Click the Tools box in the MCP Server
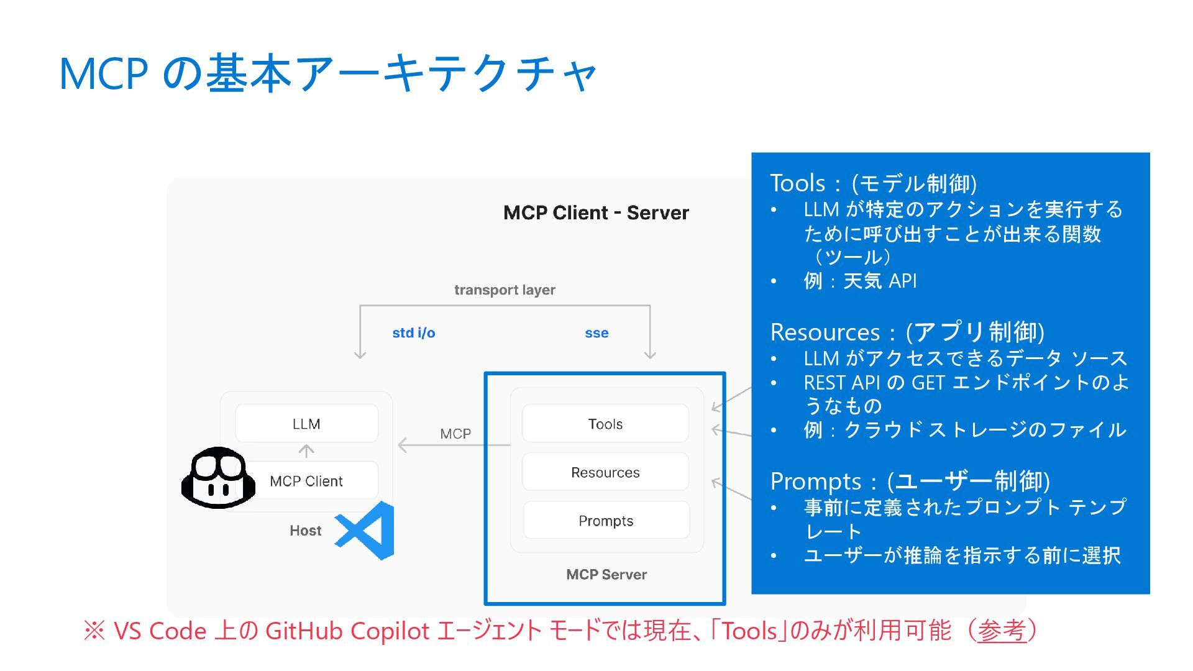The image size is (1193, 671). tap(605, 424)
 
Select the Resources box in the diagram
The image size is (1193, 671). tap(605, 472)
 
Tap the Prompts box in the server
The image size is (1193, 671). tap(606, 521)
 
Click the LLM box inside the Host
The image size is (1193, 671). tap(306, 424)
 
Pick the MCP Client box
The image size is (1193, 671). tap(306, 481)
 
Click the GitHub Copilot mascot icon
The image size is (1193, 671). tap(218, 478)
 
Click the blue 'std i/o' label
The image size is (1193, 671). tap(414, 333)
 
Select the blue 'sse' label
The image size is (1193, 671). tap(596, 333)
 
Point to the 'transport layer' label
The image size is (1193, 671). tap(505, 290)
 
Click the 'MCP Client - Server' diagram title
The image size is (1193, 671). tap(596, 213)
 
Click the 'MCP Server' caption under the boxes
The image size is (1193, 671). tap(606, 575)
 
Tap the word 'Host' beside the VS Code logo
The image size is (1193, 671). tap(305, 531)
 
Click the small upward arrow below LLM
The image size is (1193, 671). tap(306, 451)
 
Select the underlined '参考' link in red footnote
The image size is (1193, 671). tap(1001, 631)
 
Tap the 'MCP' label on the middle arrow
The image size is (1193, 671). tap(455, 434)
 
